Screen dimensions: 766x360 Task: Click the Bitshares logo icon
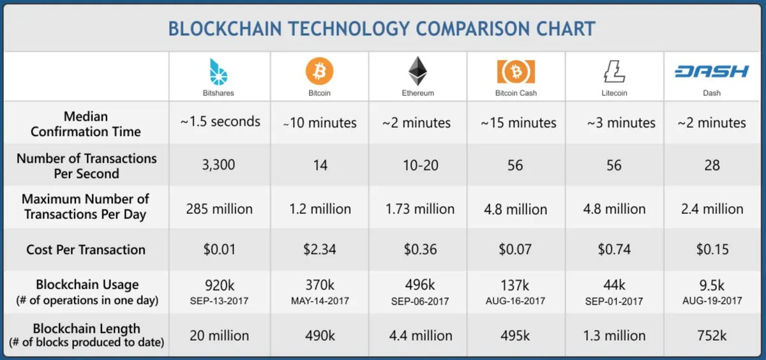click(x=218, y=71)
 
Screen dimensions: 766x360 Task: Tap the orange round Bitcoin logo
click(x=319, y=71)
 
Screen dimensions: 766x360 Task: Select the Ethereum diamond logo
click(x=418, y=71)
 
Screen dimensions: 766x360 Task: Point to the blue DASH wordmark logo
click(x=712, y=71)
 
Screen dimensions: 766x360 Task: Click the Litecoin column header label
click(x=614, y=93)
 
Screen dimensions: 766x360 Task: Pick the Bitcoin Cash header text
click(x=516, y=93)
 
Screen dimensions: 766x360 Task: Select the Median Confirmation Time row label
click(x=86, y=124)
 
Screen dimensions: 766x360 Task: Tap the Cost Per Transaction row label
click(x=86, y=250)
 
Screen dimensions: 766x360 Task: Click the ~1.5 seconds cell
click(x=220, y=122)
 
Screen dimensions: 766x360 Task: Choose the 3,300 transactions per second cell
click(x=218, y=165)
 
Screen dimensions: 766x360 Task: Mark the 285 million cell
click(x=219, y=209)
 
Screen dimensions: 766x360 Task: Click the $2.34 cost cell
click(x=320, y=249)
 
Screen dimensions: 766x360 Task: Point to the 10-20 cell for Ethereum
click(x=421, y=165)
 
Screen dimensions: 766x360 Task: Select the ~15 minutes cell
click(x=518, y=123)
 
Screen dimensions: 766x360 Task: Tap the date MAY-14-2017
click(x=320, y=301)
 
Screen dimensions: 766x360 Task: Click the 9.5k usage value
click(x=712, y=285)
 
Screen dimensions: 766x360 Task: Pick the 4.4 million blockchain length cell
click(x=421, y=335)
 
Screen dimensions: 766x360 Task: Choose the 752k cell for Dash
click(x=712, y=335)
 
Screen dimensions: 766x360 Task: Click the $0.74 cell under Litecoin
click(x=614, y=249)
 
